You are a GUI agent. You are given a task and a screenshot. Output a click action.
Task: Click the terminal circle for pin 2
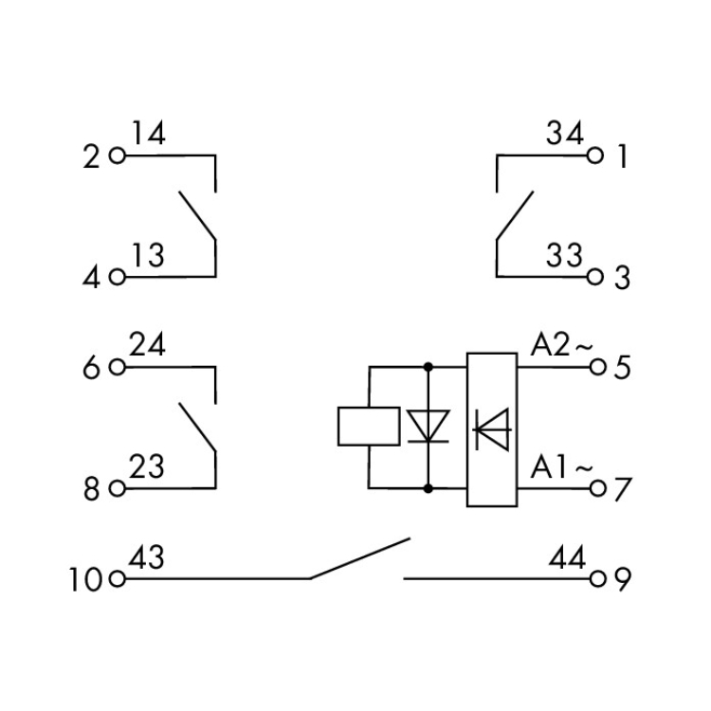(x=118, y=156)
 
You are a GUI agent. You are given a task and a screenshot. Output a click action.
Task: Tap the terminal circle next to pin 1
(x=595, y=155)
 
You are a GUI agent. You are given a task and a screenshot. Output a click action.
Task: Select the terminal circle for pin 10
(x=118, y=578)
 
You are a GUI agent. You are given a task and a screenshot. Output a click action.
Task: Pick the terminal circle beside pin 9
(x=598, y=578)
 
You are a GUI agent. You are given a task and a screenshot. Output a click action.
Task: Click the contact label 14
(x=148, y=133)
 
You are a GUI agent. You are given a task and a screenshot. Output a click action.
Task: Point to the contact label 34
(x=565, y=133)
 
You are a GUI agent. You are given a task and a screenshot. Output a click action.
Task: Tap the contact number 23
(x=146, y=466)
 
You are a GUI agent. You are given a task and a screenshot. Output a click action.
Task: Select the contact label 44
(x=567, y=557)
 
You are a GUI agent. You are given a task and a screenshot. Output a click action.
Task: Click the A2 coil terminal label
(x=550, y=345)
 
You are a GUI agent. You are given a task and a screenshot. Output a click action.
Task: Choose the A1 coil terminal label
(x=548, y=467)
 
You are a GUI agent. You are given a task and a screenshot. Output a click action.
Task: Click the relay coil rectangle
(x=369, y=427)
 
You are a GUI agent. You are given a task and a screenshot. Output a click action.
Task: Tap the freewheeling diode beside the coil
(x=428, y=427)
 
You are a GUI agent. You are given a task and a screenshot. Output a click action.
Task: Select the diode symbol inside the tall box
(x=491, y=428)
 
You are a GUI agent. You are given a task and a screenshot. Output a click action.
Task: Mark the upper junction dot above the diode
(x=428, y=366)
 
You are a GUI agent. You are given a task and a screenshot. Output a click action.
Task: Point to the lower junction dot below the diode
(x=428, y=488)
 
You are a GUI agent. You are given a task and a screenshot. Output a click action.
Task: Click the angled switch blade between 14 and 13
(x=197, y=215)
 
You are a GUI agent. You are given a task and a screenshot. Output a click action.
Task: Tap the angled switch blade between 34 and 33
(x=515, y=215)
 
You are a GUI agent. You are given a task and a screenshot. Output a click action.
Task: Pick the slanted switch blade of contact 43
(x=360, y=558)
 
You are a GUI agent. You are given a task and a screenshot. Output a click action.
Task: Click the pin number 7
(x=623, y=489)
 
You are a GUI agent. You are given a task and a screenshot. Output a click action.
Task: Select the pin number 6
(x=91, y=367)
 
